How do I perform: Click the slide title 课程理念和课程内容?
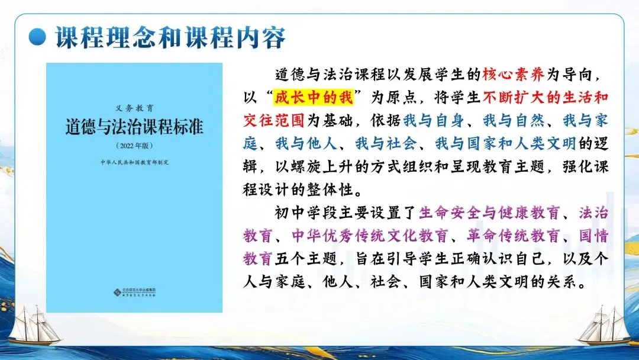click(170, 37)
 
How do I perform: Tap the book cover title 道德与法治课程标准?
click(134, 127)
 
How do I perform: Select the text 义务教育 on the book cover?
click(134, 108)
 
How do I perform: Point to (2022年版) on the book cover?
click(134, 145)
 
